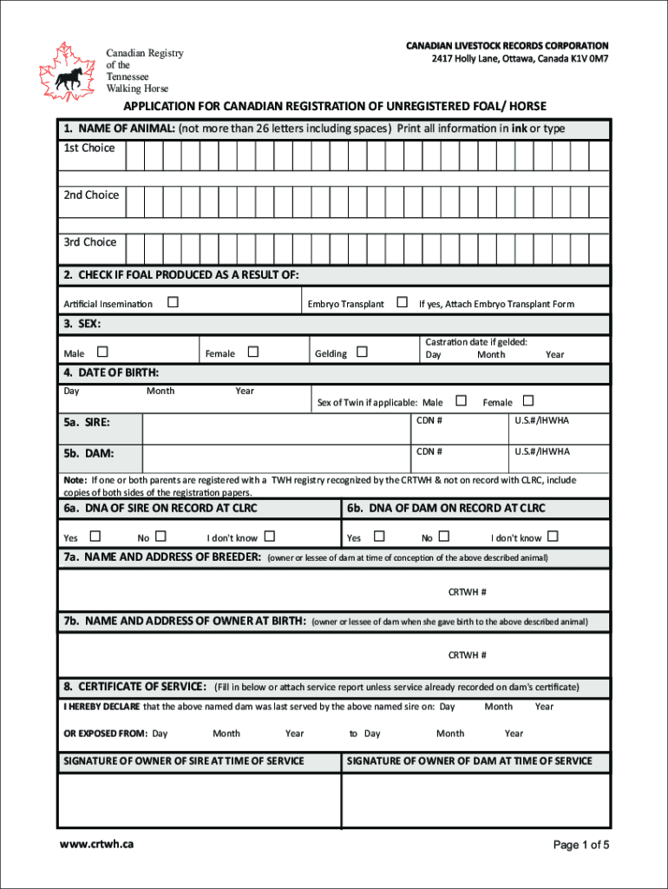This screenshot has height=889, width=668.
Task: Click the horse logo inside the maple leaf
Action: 68,78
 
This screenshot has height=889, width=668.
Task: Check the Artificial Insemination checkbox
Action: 173,303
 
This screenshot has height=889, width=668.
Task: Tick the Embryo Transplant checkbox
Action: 402,303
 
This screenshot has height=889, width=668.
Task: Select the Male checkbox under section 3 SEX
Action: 102,352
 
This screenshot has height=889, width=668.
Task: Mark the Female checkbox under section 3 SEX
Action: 252,352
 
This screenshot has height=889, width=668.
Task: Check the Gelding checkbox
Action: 362,352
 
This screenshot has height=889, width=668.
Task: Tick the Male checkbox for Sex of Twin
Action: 461,401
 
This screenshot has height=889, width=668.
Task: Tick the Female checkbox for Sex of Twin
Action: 527,401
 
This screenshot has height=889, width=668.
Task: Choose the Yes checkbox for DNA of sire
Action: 95,537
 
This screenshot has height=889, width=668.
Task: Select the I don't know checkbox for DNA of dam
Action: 553,537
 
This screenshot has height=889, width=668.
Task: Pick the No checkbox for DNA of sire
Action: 160,537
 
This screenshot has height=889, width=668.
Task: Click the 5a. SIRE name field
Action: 275,428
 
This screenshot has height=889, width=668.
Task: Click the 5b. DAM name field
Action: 275,458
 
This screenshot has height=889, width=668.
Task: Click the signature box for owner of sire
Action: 199,800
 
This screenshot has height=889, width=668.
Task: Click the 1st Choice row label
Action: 88,148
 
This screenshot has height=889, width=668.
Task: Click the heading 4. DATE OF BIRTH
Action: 111,372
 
